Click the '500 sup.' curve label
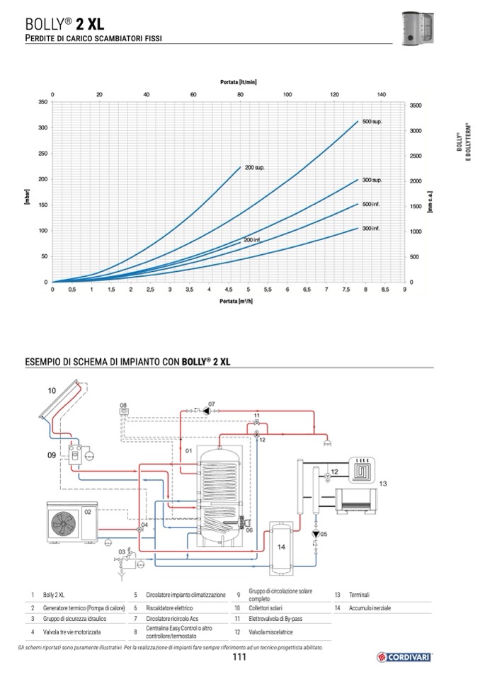click(x=372, y=122)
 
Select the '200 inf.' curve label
click(x=252, y=240)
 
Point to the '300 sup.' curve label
click(x=372, y=180)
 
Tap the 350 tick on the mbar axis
click(x=43, y=102)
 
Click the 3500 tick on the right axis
click(x=416, y=105)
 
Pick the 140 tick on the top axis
click(x=382, y=94)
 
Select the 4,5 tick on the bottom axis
click(x=229, y=290)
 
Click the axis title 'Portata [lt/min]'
click(x=239, y=82)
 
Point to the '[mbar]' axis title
click(x=28, y=197)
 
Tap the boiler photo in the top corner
click(x=418, y=28)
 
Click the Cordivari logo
click(x=404, y=657)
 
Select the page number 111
click(x=239, y=657)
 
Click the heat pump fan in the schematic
click(x=64, y=523)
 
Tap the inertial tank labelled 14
click(x=281, y=548)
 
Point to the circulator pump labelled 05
click(x=316, y=534)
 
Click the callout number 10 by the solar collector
click(x=52, y=391)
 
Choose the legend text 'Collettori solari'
click(x=265, y=608)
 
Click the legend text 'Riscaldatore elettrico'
click(x=169, y=608)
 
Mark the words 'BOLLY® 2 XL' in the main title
click(x=64, y=24)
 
